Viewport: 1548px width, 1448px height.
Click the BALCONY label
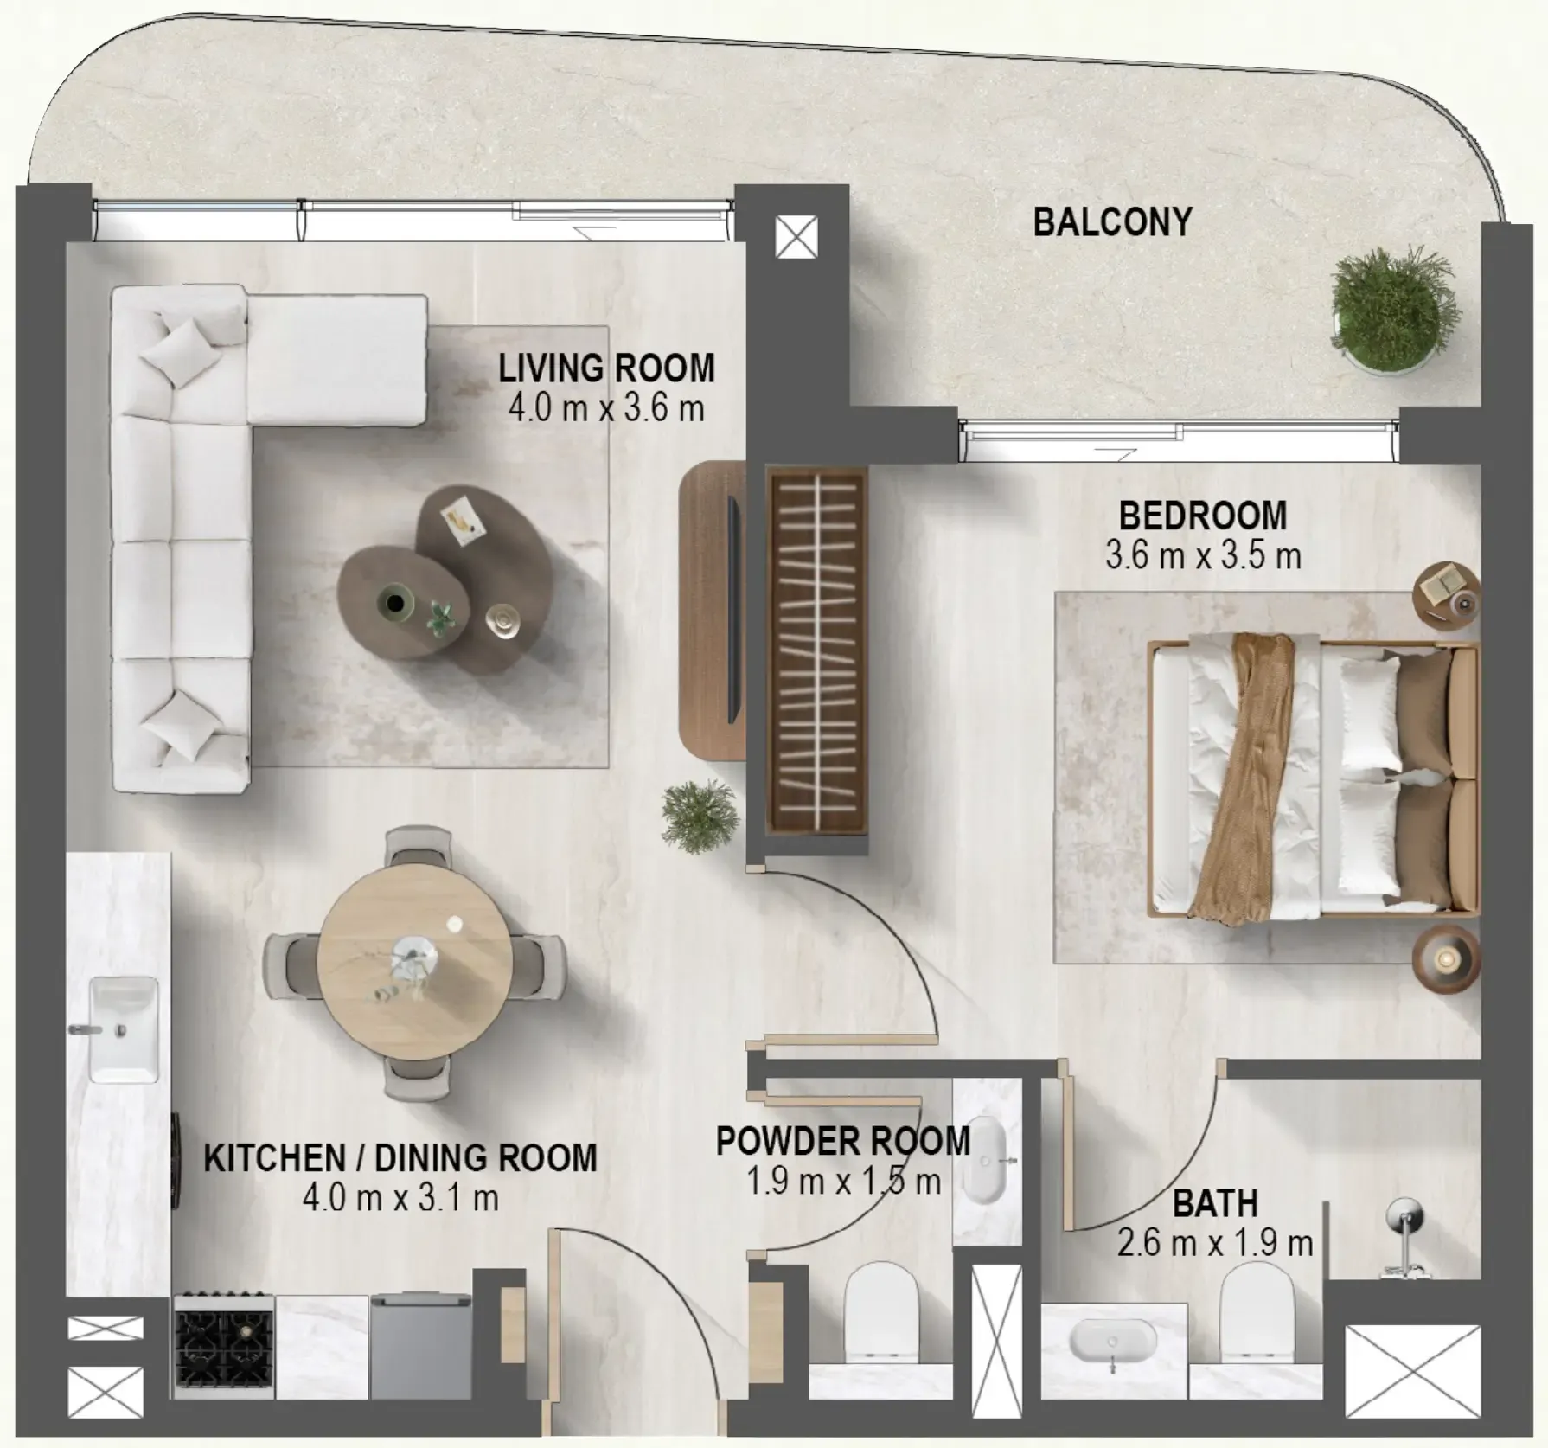tap(1112, 222)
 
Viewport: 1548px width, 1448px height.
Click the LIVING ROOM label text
tap(606, 368)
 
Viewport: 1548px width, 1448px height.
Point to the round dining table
tap(414, 961)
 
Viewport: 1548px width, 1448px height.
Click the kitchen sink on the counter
tap(124, 1029)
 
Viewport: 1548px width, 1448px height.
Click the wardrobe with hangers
tap(817, 650)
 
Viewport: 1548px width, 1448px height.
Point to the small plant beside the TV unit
tap(700, 815)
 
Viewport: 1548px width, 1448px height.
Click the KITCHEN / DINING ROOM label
tap(400, 1158)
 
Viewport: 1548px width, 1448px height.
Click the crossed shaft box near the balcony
tap(796, 236)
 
